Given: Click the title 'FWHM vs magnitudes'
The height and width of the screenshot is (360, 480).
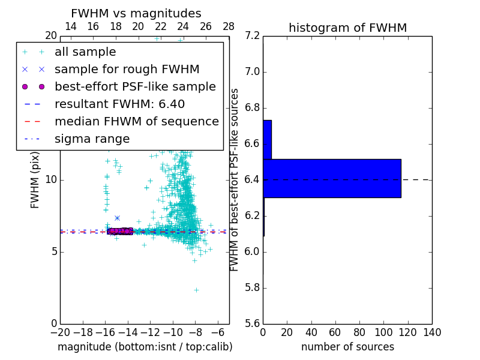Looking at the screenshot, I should coord(136,13).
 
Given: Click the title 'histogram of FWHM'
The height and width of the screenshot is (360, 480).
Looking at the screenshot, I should coord(347,28).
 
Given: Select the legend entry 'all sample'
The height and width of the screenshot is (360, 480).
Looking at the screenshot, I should coord(85,52).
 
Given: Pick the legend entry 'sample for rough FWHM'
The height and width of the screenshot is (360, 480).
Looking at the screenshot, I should coord(127,69).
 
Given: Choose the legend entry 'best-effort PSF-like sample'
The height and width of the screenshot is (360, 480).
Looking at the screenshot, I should coord(135,86).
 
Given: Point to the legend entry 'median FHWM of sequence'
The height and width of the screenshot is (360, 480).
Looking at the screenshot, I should coord(136,121).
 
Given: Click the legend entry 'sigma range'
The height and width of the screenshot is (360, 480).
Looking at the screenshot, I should coord(92,139).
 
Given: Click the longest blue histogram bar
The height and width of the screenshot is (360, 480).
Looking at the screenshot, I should coord(332,178).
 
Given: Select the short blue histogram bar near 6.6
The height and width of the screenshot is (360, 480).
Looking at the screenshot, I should coord(267,139).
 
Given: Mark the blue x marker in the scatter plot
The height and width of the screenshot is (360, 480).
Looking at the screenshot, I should coord(117,218).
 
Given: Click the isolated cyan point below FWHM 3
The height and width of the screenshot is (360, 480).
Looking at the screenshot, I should coord(196,290).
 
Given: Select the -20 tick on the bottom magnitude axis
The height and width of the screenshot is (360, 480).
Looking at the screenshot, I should coord(60,333).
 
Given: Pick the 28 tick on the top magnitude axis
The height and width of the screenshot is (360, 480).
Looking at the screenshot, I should coord(229,26).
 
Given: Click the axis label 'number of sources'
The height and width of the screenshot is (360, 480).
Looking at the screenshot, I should coord(347,347).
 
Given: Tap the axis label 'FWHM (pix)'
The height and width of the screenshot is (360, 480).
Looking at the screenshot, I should coord(35,180).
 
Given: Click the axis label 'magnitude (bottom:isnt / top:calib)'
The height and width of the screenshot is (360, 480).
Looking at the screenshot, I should coord(145,347).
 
